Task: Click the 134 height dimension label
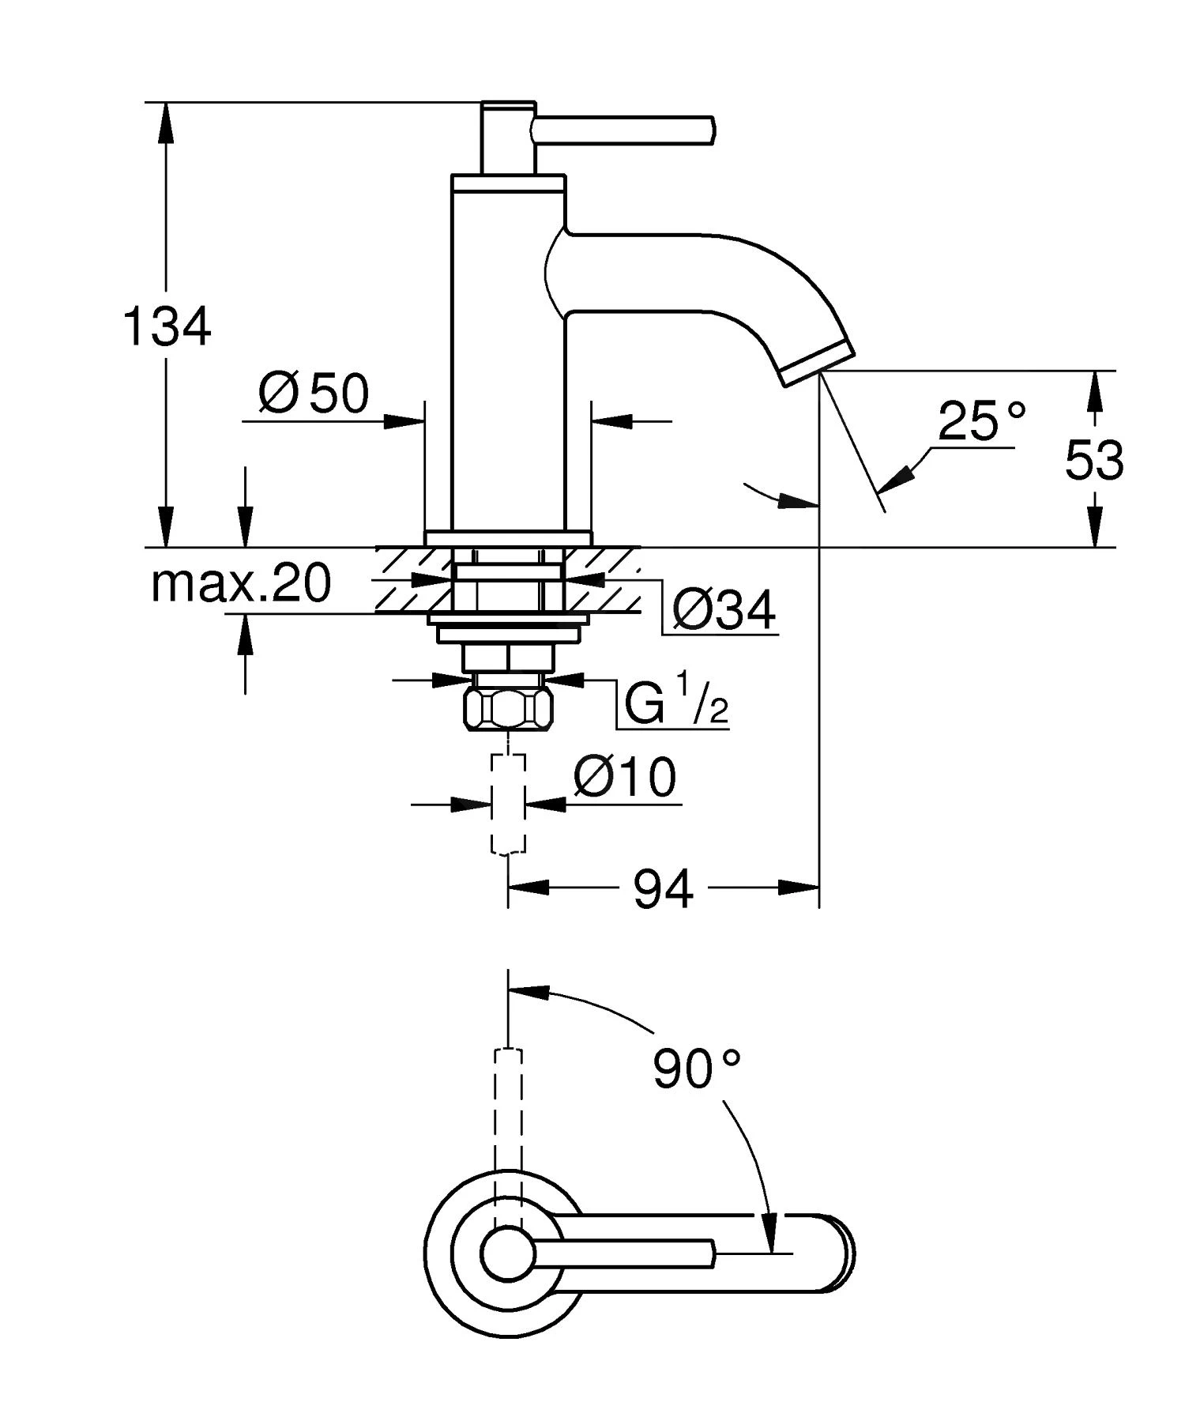[x=167, y=326]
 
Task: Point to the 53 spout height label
[x=1093, y=460]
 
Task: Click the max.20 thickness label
[x=241, y=584]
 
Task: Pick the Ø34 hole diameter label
[x=724, y=610]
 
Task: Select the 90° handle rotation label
[x=696, y=1069]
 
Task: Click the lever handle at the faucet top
[x=624, y=129]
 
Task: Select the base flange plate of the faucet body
[x=508, y=537]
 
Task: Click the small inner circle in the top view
[x=508, y=1254]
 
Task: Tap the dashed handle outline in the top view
[x=508, y=1106]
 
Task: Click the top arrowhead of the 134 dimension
[x=166, y=119]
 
